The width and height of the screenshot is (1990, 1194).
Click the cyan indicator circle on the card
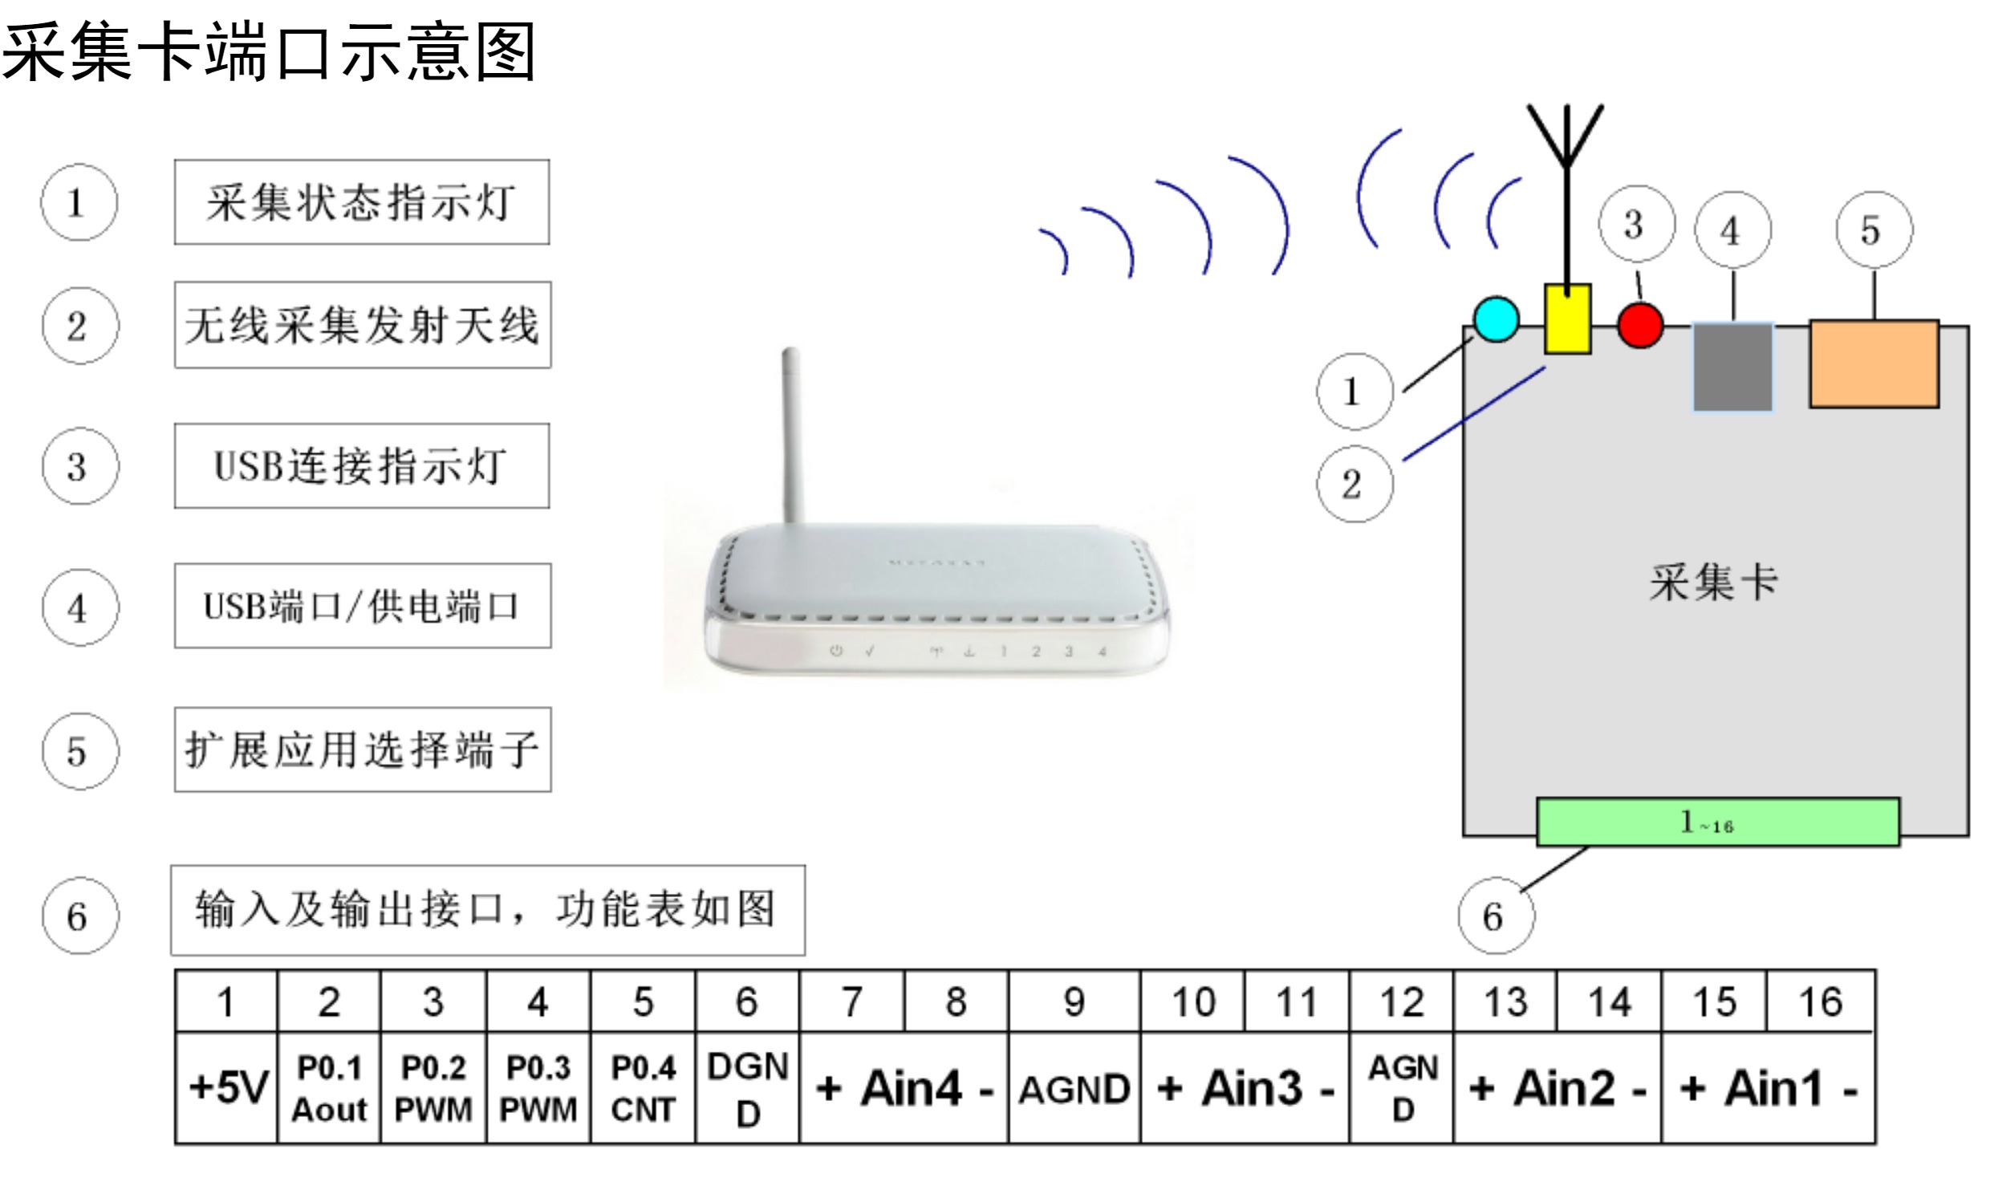1497,319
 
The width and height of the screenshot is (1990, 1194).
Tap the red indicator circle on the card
1640,325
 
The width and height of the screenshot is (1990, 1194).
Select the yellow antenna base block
1567,319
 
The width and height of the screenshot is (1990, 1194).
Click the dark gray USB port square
1733,367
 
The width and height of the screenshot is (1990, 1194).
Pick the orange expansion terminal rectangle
1874,363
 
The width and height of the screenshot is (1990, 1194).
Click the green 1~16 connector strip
1718,822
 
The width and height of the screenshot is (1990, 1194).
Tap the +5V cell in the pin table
227,1087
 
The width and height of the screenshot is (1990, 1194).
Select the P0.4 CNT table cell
643,1087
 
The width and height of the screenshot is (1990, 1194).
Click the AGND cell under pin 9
1074,1089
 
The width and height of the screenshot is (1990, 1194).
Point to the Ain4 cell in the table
904,1089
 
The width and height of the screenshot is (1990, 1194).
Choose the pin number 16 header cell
1820,1001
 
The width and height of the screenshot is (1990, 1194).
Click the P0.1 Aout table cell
329,1087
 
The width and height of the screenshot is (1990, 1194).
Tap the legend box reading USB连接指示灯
362,466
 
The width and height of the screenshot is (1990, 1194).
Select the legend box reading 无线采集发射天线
363,325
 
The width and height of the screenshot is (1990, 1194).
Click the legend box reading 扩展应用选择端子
363,750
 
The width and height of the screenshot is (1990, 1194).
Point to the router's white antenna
791,434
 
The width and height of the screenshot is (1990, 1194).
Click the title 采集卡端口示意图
269,52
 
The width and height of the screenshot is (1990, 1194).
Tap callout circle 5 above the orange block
1874,230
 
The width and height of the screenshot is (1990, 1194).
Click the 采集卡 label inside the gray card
1713,582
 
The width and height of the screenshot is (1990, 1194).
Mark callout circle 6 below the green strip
1496,916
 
